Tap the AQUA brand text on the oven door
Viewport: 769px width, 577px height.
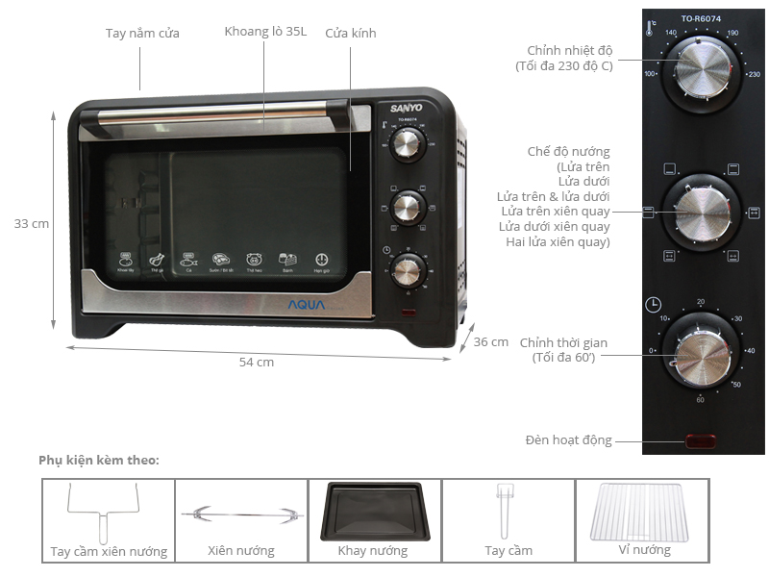[x=307, y=305]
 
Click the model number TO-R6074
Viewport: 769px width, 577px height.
[x=701, y=18]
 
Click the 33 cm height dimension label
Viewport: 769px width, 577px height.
[x=32, y=223]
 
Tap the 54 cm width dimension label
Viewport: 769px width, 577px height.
[x=257, y=363]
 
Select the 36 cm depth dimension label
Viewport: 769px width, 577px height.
[x=491, y=341]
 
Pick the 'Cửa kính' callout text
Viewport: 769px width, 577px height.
[x=351, y=33]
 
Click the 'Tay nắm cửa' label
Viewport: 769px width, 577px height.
[x=142, y=33]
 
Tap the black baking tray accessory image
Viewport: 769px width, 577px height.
[x=374, y=510]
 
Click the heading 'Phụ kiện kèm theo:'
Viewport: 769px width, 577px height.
[x=99, y=460]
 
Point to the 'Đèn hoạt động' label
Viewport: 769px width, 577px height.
[x=568, y=440]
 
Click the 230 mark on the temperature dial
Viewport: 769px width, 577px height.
[x=754, y=74]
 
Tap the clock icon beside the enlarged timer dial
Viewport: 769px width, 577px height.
[x=653, y=306]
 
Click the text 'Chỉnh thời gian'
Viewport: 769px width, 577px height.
[x=563, y=342]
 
